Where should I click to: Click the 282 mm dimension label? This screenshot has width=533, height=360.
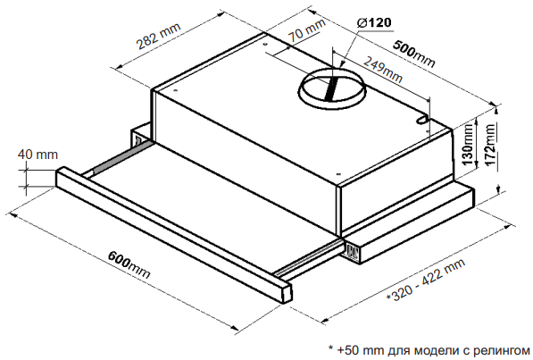click(158, 36)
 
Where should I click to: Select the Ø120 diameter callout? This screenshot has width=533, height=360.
click(374, 23)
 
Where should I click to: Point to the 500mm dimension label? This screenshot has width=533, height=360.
click(414, 54)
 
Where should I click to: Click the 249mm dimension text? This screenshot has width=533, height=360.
click(382, 70)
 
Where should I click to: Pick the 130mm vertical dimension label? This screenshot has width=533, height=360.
click(468, 145)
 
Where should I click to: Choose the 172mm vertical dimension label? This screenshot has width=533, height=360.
click(490, 145)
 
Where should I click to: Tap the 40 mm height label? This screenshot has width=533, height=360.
click(37, 155)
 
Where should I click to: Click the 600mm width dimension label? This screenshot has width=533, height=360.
click(129, 264)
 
